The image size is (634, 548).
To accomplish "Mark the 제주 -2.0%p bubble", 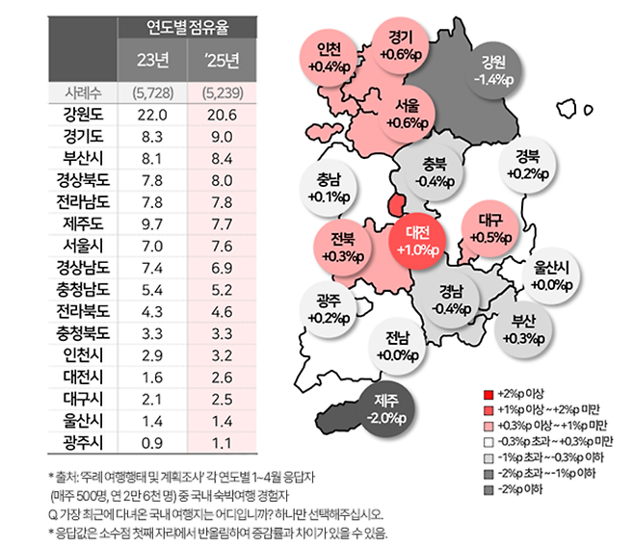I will tap(385, 409).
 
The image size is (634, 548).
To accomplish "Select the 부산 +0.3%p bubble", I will tap(524, 328).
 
